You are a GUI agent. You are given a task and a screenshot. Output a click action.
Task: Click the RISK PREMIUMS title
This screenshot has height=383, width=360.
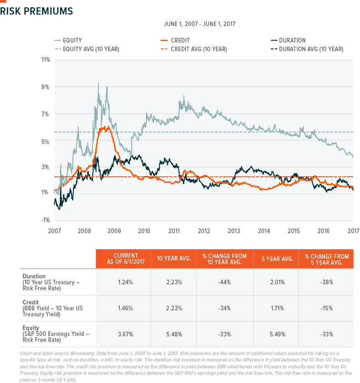37,11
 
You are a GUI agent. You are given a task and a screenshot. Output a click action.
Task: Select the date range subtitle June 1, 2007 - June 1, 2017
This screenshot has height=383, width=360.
203,23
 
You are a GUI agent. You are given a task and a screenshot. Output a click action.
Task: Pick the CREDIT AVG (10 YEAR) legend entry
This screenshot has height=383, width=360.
199,49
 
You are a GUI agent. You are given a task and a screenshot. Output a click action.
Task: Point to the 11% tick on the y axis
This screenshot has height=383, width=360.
46,60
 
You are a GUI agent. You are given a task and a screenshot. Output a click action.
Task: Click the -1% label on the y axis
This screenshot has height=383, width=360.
46,220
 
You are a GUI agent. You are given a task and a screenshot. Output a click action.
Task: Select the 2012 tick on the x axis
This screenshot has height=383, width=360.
204,231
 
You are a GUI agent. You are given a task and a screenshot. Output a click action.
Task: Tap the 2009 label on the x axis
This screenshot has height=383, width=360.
114,231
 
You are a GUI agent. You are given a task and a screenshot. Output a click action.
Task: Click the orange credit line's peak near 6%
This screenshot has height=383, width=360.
106,127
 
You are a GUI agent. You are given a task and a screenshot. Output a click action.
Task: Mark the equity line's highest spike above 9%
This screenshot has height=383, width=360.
98,84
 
